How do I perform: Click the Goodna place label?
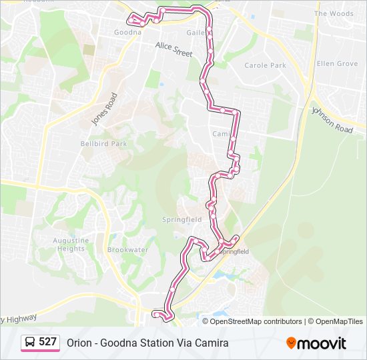point(127,32)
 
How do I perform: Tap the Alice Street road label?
point(173,49)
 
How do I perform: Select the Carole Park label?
point(265,65)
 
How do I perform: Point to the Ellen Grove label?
point(337,64)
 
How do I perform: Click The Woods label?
point(334,13)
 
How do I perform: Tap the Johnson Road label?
point(332,119)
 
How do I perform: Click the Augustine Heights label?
point(70,245)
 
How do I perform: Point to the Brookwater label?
point(127,250)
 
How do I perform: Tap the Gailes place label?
point(198,32)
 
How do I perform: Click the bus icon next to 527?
point(30,342)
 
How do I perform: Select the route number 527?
point(47,342)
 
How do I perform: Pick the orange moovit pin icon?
point(291,343)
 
